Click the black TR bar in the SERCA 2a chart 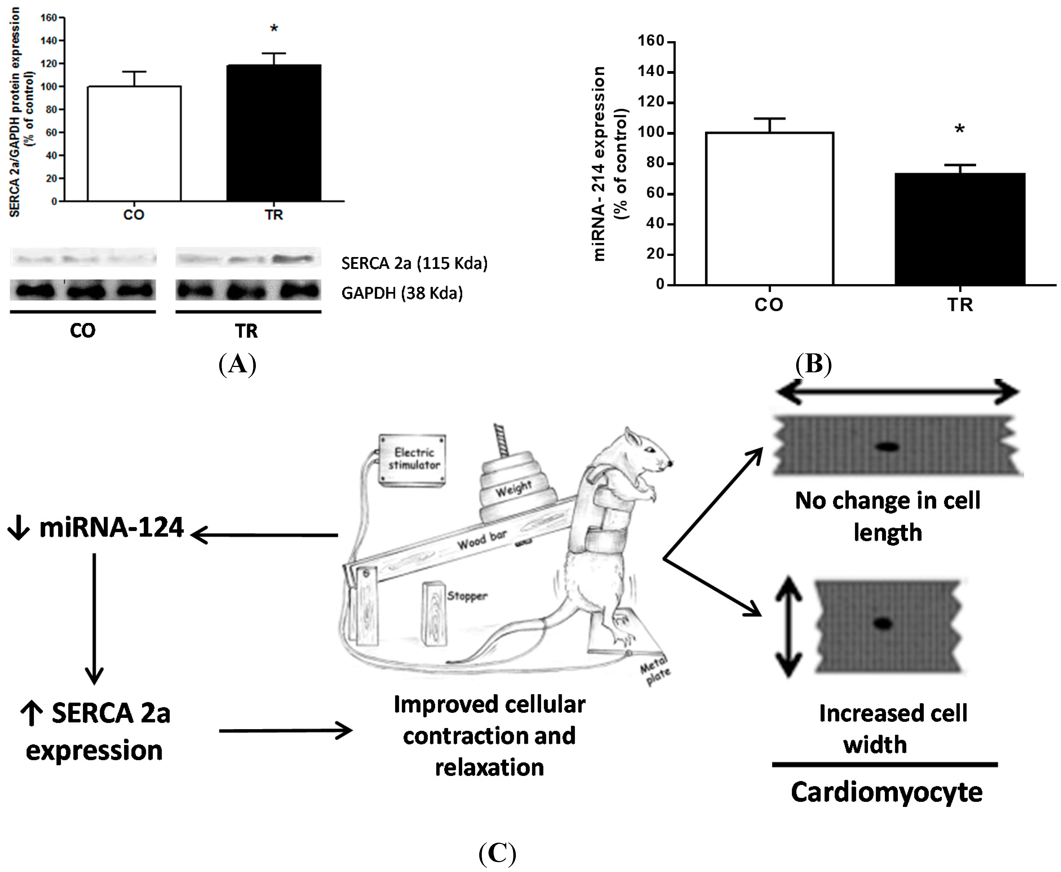pos(274,133)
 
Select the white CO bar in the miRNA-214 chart pos(769,209)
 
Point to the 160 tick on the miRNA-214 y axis pos(651,41)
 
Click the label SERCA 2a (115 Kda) pos(414,263)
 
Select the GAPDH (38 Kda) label pos(402,293)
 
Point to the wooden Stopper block pos(435,613)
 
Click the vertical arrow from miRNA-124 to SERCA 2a pos(94,618)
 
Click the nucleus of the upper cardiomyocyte pos(887,446)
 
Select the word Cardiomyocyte pos(886,793)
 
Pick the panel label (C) pos(497,852)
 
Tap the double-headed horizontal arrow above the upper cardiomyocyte pos(897,392)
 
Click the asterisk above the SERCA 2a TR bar pos(274,29)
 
